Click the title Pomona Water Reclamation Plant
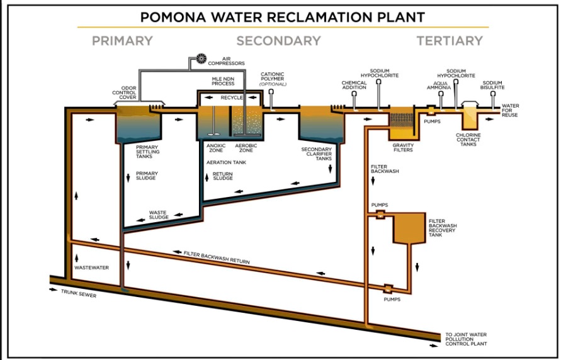point(282,16)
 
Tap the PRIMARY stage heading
point(122,41)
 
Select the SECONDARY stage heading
point(278,41)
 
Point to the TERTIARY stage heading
point(449,41)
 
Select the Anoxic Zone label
point(216,149)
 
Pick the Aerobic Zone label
point(246,149)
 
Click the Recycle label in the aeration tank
point(232,98)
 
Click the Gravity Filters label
point(402,147)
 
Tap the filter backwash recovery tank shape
point(408,228)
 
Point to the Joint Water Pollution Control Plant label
point(466,339)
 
